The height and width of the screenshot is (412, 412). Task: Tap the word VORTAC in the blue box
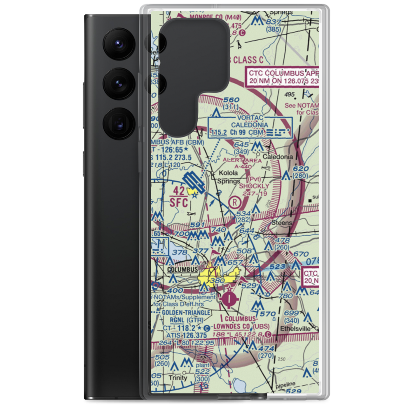249,117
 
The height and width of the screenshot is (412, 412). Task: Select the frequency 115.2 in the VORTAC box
219,133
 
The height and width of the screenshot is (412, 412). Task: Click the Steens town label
282,223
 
